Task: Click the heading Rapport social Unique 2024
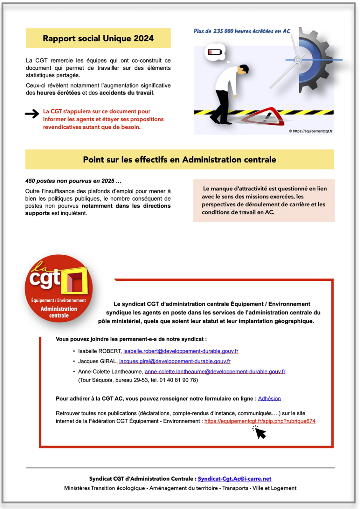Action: pos(98,38)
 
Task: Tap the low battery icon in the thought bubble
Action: pos(215,52)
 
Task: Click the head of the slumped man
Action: pos(243,70)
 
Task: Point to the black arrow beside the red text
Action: pos(32,113)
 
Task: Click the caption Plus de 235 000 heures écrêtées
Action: pos(242,31)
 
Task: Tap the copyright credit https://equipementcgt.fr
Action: pos(311,131)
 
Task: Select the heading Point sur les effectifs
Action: pos(179,159)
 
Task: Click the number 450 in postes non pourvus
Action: pos(30,181)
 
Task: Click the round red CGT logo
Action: pos(59,288)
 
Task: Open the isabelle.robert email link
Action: pos(180,351)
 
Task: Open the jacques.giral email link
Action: pos(175,361)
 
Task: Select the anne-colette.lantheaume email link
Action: pos(215,372)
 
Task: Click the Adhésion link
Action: pos(269,398)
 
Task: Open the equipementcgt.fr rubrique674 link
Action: pos(260,421)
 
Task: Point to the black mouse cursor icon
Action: pos(260,433)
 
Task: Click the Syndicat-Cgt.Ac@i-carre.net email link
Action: pos(234,479)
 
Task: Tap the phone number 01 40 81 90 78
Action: pos(178,380)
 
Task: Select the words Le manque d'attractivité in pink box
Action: pos(235,188)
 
